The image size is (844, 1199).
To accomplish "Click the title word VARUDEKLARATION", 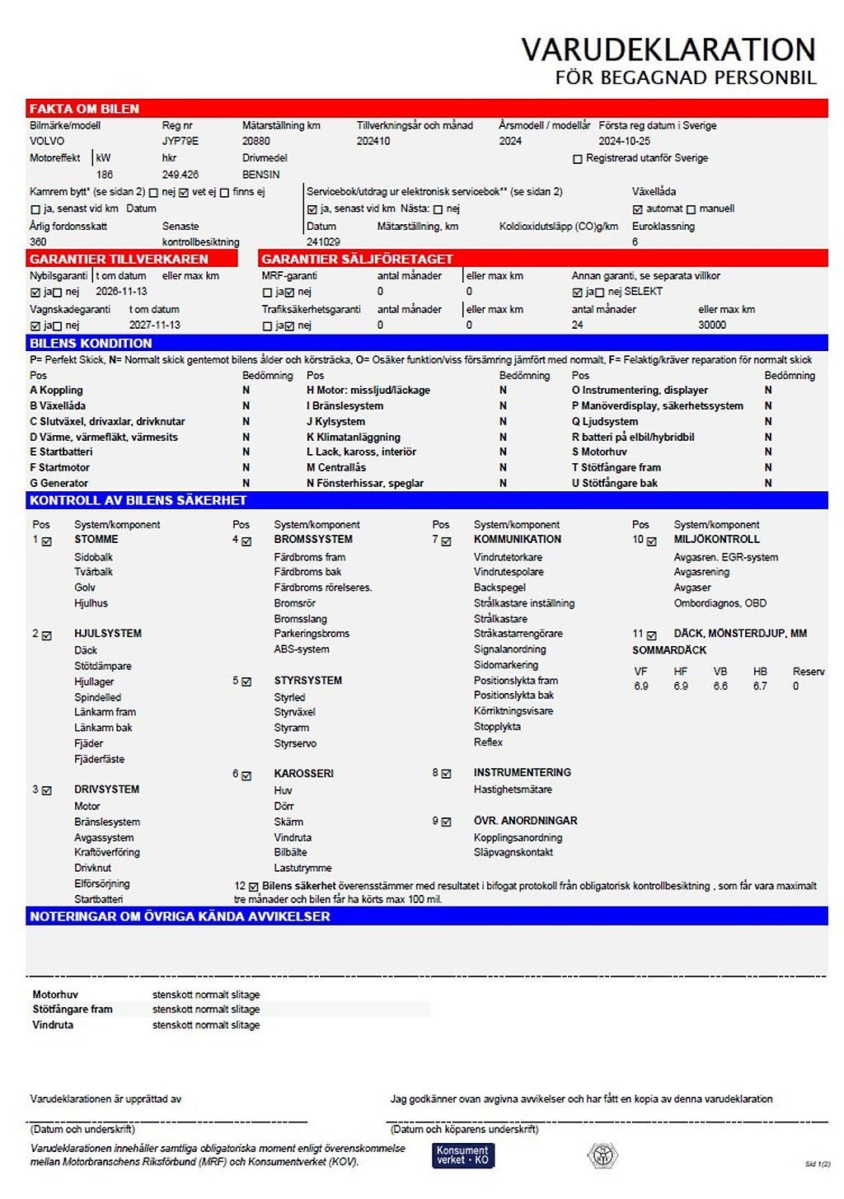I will [x=668, y=49].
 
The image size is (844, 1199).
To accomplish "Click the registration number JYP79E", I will [x=180, y=141].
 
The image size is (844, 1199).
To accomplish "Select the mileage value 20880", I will [x=256, y=141].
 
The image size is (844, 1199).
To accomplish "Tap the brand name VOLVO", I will [x=47, y=141].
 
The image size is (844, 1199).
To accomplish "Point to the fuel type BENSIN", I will [x=261, y=175].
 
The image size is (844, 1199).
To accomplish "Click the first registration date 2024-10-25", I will [x=624, y=141].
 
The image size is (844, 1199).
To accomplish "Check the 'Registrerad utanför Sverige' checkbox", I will [x=578, y=159].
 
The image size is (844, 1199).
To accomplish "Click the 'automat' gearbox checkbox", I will [x=637, y=209].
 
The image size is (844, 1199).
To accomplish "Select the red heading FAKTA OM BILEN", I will [x=85, y=109].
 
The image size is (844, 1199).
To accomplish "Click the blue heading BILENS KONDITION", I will [x=91, y=343].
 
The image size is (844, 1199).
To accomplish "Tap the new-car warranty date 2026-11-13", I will [x=121, y=292].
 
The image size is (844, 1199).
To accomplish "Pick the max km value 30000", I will [x=712, y=325].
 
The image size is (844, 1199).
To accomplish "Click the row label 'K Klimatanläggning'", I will [x=354, y=437].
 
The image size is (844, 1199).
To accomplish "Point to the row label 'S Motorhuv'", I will [x=599, y=452].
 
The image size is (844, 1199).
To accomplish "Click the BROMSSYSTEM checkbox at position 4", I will [x=246, y=541].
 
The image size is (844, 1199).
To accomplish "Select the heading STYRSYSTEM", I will [x=307, y=681].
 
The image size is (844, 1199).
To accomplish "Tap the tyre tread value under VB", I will [x=720, y=686].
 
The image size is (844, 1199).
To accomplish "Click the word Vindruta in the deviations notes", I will [x=53, y=1025].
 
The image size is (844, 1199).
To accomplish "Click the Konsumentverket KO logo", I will [x=463, y=1155].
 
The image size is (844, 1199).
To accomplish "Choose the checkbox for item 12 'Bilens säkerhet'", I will [x=254, y=887].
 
